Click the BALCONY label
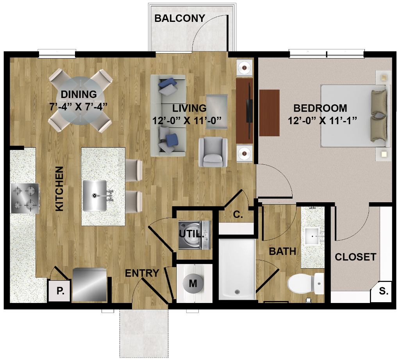pyautogui.click(x=180, y=18)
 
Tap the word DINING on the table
pyautogui.click(x=79, y=94)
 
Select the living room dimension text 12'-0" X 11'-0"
pyautogui.click(x=187, y=120)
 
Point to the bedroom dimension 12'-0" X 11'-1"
pyautogui.click(x=322, y=120)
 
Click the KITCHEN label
pyautogui.click(x=59, y=189)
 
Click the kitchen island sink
pyautogui.click(x=95, y=196)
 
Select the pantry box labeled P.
pyautogui.click(x=59, y=290)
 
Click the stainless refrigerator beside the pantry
pyautogui.click(x=89, y=285)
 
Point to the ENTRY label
pyautogui.click(x=142, y=273)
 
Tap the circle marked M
pyautogui.click(x=193, y=283)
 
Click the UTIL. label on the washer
pyautogui.click(x=191, y=234)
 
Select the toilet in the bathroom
pyautogui.click(x=305, y=283)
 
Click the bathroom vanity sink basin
pyautogui.click(x=312, y=236)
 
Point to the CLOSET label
pyautogui.click(x=355, y=257)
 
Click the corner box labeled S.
pyautogui.click(x=384, y=291)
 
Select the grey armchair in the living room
pyautogui.click(x=213, y=152)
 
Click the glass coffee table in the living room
pyautogui.click(x=216, y=112)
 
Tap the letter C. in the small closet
pyautogui.click(x=238, y=214)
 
